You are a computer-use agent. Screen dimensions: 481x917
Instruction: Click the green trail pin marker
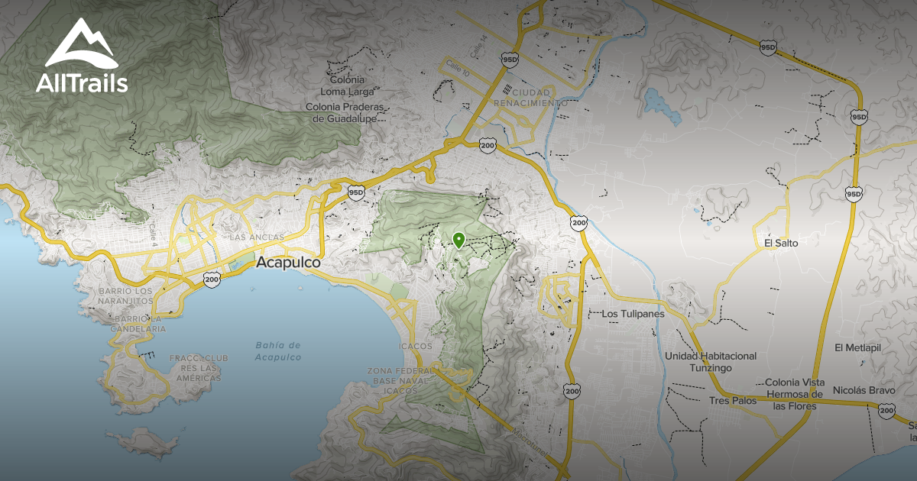[x=458, y=240]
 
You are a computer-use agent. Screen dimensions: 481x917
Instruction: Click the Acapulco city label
[x=288, y=263]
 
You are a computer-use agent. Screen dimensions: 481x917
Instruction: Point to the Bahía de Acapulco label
[x=278, y=351]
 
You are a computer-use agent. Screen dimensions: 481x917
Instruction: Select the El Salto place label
[x=780, y=243]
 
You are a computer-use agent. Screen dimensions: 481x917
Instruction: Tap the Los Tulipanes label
[x=633, y=314]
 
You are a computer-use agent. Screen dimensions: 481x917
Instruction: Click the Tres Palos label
[x=732, y=401]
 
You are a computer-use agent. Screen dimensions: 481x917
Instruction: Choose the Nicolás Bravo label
[x=864, y=390]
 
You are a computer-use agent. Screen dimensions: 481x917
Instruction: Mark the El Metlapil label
[x=858, y=348]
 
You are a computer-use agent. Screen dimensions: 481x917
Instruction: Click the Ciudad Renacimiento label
[x=530, y=96]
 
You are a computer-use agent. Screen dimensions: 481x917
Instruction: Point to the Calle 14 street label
[x=479, y=50]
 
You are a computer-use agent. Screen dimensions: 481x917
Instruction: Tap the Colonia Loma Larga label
[x=346, y=86]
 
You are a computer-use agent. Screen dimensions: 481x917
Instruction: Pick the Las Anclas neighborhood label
[x=256, y=237]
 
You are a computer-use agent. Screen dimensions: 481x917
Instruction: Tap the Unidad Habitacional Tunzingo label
[x=710, y=362]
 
